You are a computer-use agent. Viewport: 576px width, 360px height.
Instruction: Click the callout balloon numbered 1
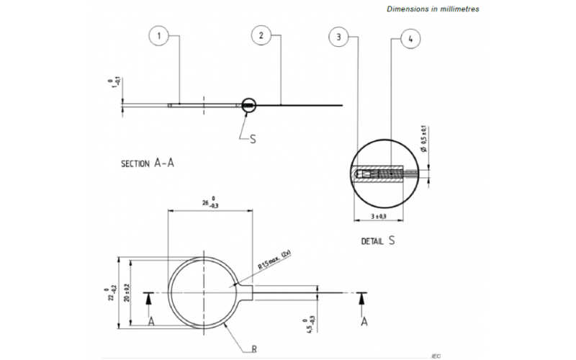(x=158, y=35)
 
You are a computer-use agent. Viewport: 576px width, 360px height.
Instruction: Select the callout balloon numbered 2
(x=261, y=35)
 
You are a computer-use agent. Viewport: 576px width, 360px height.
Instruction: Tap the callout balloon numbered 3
(x=338, y=37)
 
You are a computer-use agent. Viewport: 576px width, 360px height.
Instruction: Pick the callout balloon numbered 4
(x=410, y=40)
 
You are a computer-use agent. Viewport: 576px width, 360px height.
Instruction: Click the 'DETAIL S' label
(x=378, y=241)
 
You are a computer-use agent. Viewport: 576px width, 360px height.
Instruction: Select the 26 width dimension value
(x=210, y=204)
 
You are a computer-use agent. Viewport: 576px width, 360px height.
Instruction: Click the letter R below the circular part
(x=254, y=348)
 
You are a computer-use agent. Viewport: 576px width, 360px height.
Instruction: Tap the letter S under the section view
(x=253, y=139)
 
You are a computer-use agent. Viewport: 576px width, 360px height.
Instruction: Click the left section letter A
(x=151, y=322)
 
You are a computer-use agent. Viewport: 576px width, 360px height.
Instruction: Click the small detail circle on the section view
(x=248, y=106)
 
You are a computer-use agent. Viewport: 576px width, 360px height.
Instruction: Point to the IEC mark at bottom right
(x=436, y=356)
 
